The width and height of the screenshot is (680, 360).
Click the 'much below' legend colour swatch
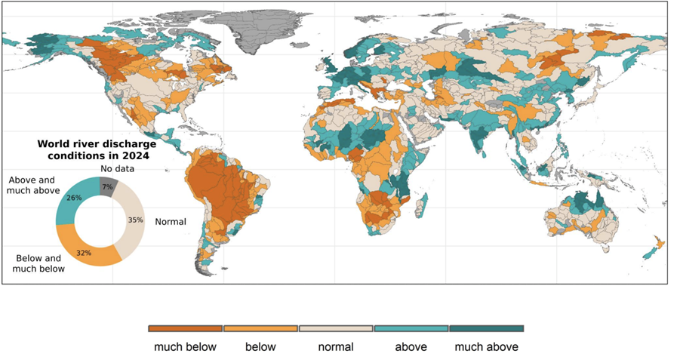pyautogui.click(x=186, y=328)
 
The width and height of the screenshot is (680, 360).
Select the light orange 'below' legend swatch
pyautogui.click(x=260, y=328)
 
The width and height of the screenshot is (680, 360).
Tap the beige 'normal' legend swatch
pyautogui.click(x=336, y=328)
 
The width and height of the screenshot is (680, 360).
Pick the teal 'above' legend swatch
pyautogui.click(x=411, y=328)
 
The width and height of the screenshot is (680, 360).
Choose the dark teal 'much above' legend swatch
pyautogui.click(x=486, y=328)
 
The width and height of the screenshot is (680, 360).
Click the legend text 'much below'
pyautogui.click(x=186, y=347)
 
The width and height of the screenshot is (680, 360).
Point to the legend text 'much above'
pyautogui.click(x=486, y=347)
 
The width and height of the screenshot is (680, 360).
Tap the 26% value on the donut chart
pyautogui.click(x=74, y=198)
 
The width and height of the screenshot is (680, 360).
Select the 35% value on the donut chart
pyautogui.click(x=136, y=220)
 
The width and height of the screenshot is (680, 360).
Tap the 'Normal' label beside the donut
pyautogui.click(x=171, y=222)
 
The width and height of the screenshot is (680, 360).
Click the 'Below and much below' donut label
pyautogui.click(x=40, y=263)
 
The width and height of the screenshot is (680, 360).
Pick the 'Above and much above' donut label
pyautogui.click(x=32, y=186)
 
